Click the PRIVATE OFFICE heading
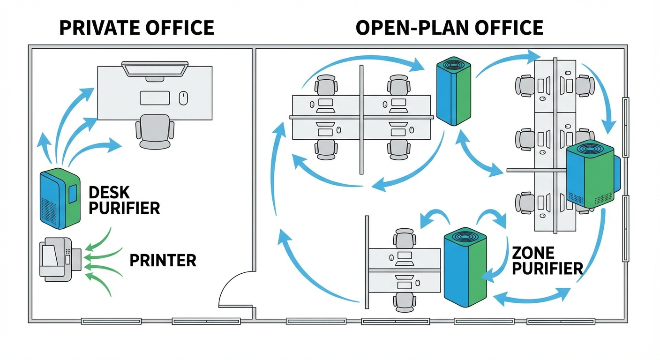tap(136, 28)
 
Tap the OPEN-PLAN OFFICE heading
tap(449, 28)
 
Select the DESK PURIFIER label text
tap(124, 200)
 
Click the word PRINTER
tap(163, 261)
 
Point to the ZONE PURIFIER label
tap(547, 261)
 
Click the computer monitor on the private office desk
tap(155, 68)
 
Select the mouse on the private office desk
tap(183, 98)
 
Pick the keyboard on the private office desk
tap(155, 98)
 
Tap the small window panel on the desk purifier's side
tap(73, 194)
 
